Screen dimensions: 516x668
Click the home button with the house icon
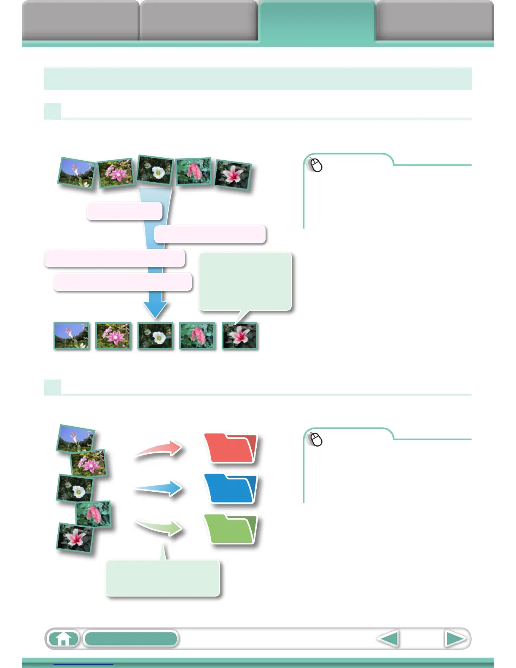pyautogui.click(x=63, y=638)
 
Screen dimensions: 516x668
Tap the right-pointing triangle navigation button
pyautogui.click(x=455, y=639)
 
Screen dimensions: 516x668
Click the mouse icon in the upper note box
pyautogui.click(x=315, y=165)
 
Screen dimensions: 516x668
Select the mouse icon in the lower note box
pyautogui.click(x=315, y=439)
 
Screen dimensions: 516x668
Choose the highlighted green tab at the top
pyautogui.click(x=317, y=21)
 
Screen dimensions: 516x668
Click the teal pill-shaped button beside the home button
pyautogui.click(x=131, y=638)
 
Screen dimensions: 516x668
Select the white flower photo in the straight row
pyautogui.click(x=155, y=336)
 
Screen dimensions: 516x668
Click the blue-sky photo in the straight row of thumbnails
pyautogui.click(x=71, y=336)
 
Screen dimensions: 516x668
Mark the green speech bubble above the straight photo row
pyautogui.click(x=245, y=282)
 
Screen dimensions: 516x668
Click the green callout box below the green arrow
pyautogui.click(x=163, y=578)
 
